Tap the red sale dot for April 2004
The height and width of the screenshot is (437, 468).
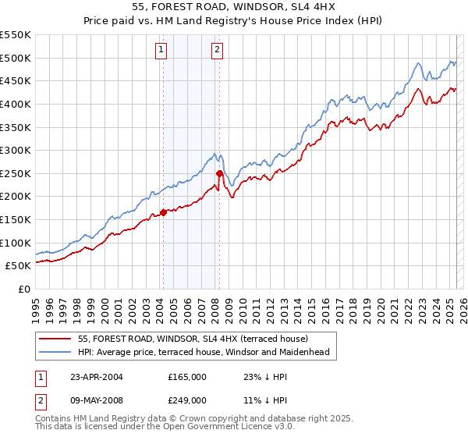click(x=163, y=211)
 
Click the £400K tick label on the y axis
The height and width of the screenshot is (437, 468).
click(x=15, y=104)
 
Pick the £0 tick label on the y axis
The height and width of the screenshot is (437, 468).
click(x=23, y=289)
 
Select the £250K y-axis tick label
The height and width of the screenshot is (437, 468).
click(x=15, y=173)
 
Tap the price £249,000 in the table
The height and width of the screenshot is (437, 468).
click(x=187, y=400)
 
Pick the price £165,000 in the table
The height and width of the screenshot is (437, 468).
click(x=187, y=377)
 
